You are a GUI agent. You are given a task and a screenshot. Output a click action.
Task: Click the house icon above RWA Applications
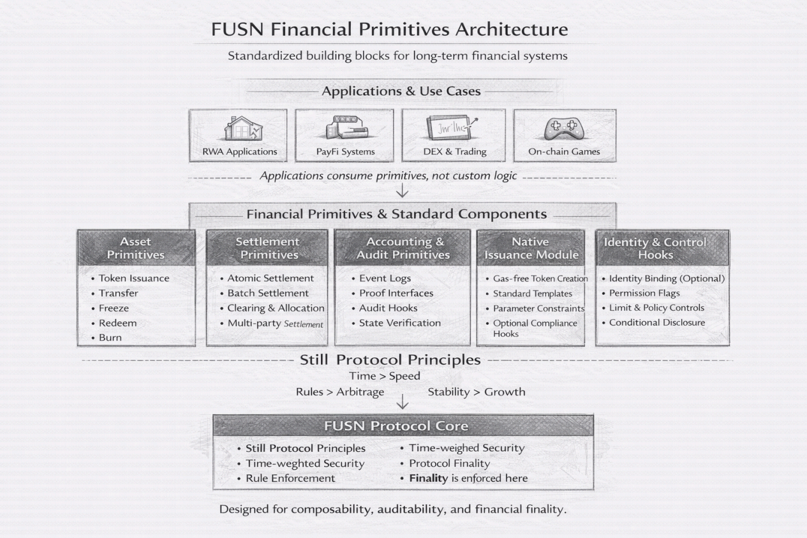pyautogui.click(x=243, y=128)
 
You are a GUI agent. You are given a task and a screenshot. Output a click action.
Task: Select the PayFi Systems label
pyautogui.click(x=346, y=152)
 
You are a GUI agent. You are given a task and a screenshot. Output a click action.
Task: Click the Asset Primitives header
pyautogui.click(x=136, y=248)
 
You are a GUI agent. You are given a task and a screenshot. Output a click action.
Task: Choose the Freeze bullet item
pyautogui.click(x=114, y=308)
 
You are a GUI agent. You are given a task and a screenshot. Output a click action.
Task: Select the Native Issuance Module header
pyautogui.click(x=531, y=248)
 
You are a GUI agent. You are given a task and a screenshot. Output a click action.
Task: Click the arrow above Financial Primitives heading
pyautogui.click(x=402, y=190)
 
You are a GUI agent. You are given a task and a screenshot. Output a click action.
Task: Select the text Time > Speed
pyautogui.click(x=385, y=376)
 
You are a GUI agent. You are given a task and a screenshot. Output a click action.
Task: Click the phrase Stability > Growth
pyautogui.click(x=477, y=392)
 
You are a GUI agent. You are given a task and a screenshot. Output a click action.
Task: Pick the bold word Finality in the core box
pyautogui.click(x=428, y=478)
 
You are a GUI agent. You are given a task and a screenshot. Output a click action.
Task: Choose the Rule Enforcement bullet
pyautogui.click(x=290, y=478)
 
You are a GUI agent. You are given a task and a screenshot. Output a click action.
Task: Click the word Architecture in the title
pyautogui.click(x=512, y=29)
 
